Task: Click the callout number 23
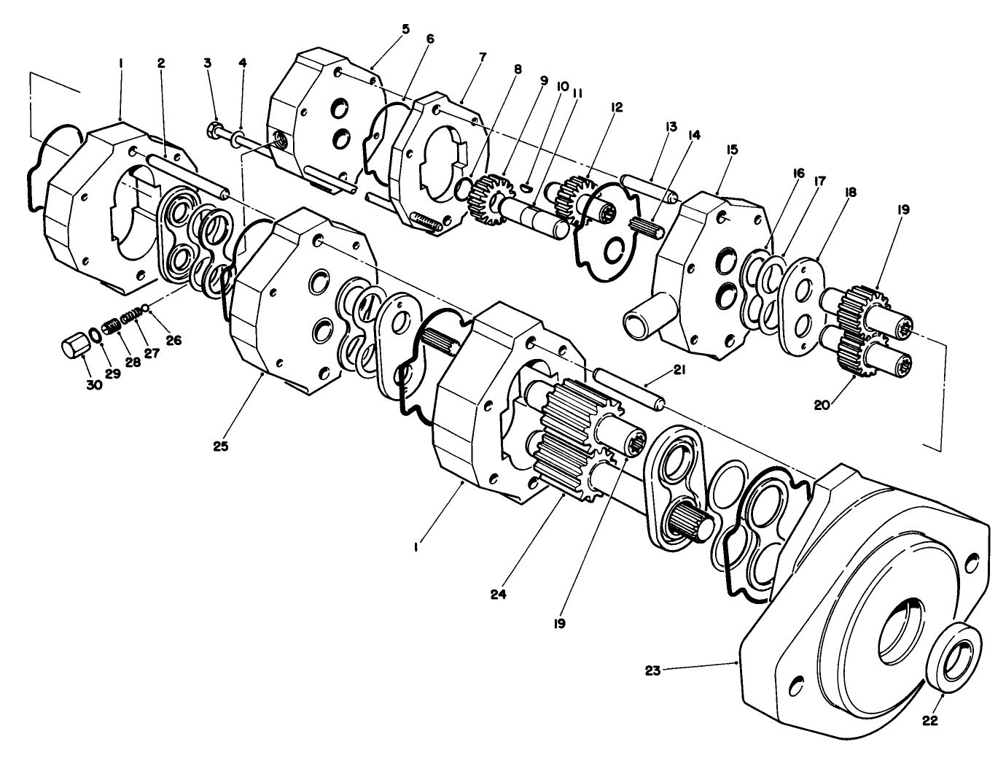[x=652, y=670]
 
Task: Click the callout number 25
[x=221, y=446]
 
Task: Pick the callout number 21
[x=679, y=371]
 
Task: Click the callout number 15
[x=732, y=150]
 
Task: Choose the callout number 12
[x=617, y=107]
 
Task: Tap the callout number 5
[x=405, y=29]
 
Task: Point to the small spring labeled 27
[x=130, y=317]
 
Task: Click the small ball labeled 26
[x=146, y=307]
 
